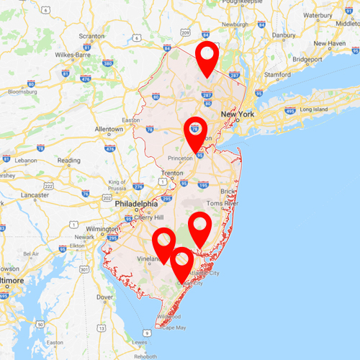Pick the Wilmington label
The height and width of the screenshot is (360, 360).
click(100, 228)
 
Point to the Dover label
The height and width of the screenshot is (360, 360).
click(105, 297)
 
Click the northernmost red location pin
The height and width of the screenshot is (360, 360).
click(207, 56)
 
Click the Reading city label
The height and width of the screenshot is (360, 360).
click(69, 161)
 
